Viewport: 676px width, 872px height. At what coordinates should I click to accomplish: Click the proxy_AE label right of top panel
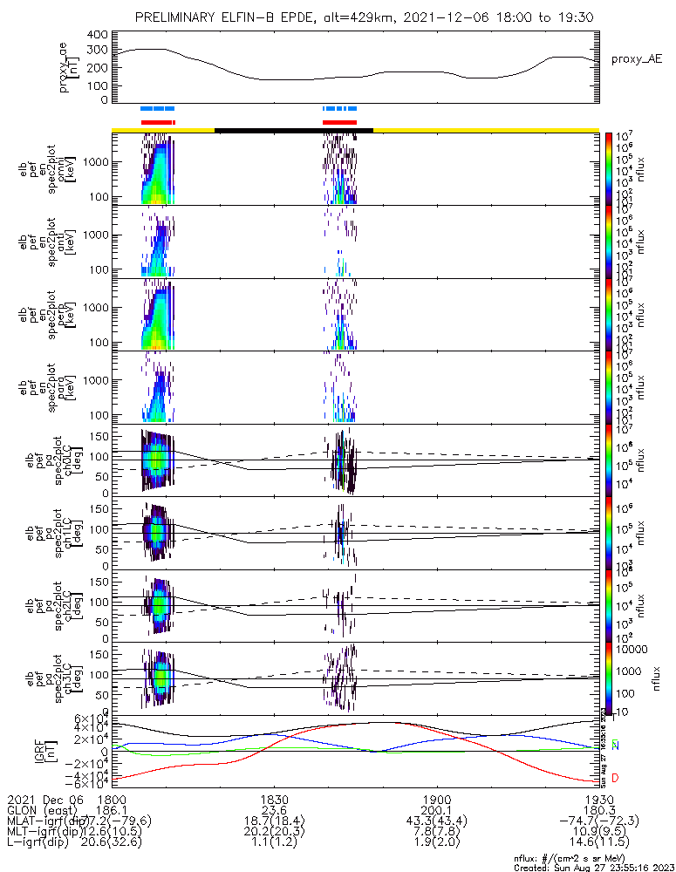point(638,58)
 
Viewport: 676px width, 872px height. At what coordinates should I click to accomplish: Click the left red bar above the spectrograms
point(158,122)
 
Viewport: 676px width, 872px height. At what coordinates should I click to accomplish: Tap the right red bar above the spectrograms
point(339,122)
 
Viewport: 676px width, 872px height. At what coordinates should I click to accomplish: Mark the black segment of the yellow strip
point(294,130)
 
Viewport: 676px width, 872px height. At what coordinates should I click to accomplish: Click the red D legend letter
point(615,778)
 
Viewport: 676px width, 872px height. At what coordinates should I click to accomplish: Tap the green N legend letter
point(615,746)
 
